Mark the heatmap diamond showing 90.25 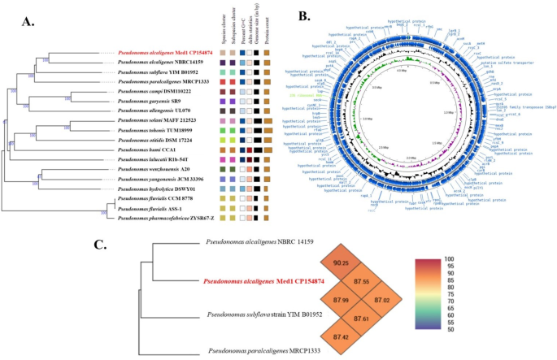342,262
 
